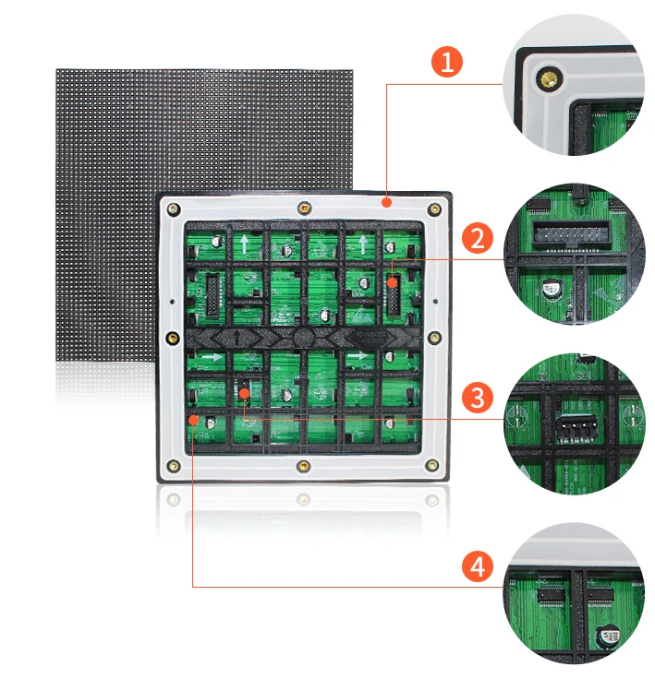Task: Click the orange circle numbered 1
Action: point(448,63)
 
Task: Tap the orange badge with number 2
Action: point(477,238)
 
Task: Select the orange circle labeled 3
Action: point(477,399)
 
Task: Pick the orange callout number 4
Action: point(477,566)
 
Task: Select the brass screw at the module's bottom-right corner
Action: point(431,466)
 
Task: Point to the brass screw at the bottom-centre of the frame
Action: point(302,467)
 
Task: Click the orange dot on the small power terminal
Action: point(243,394)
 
